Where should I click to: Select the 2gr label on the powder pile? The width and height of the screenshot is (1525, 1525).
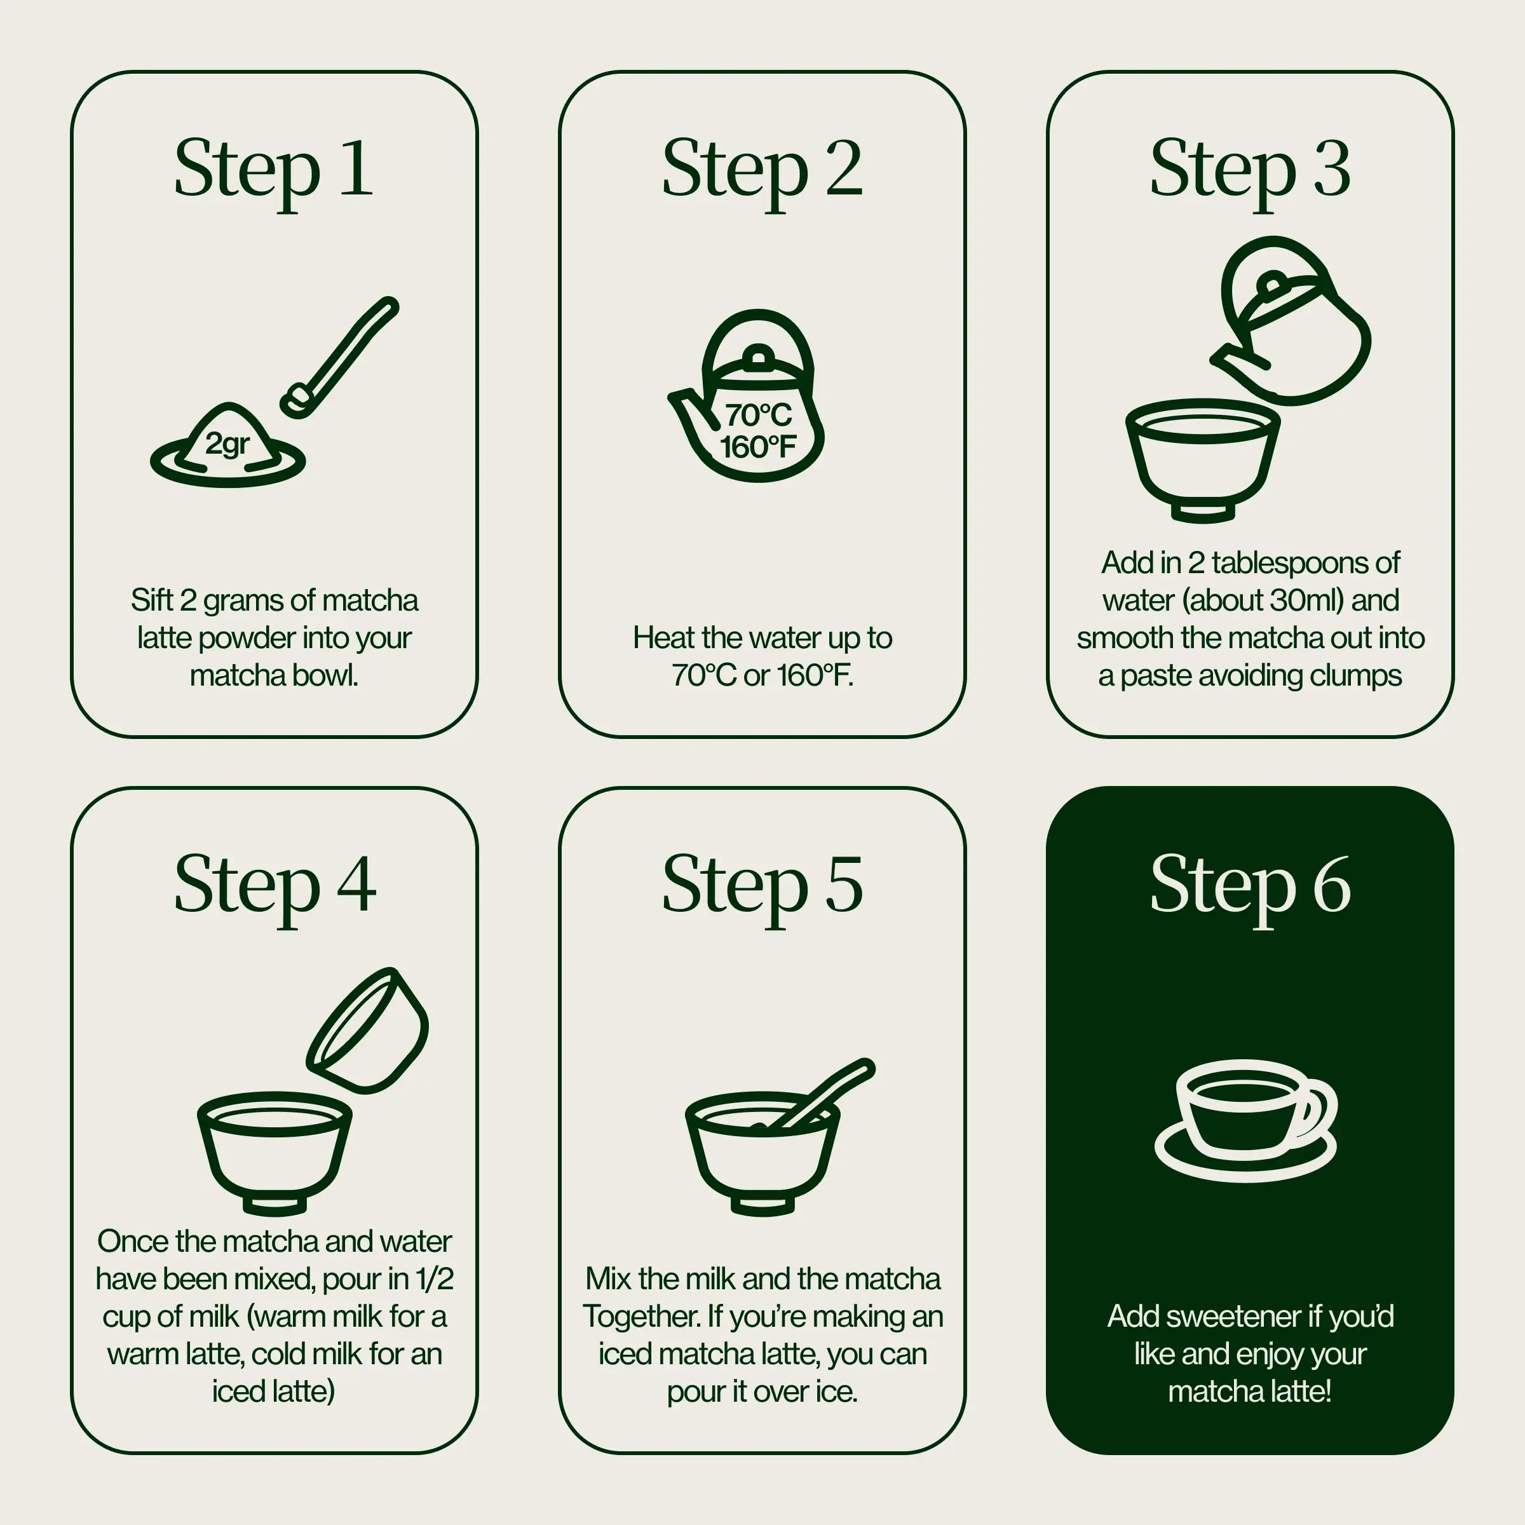227,444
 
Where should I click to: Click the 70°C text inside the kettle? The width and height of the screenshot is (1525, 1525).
758,414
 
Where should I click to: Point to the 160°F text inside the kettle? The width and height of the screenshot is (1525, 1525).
758,447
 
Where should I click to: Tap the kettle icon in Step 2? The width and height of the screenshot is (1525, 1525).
747,395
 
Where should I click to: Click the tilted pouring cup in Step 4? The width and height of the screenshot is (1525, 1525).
368,1031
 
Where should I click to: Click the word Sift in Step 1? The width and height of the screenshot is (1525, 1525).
152,600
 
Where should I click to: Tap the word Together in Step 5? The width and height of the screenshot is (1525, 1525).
641,1316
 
